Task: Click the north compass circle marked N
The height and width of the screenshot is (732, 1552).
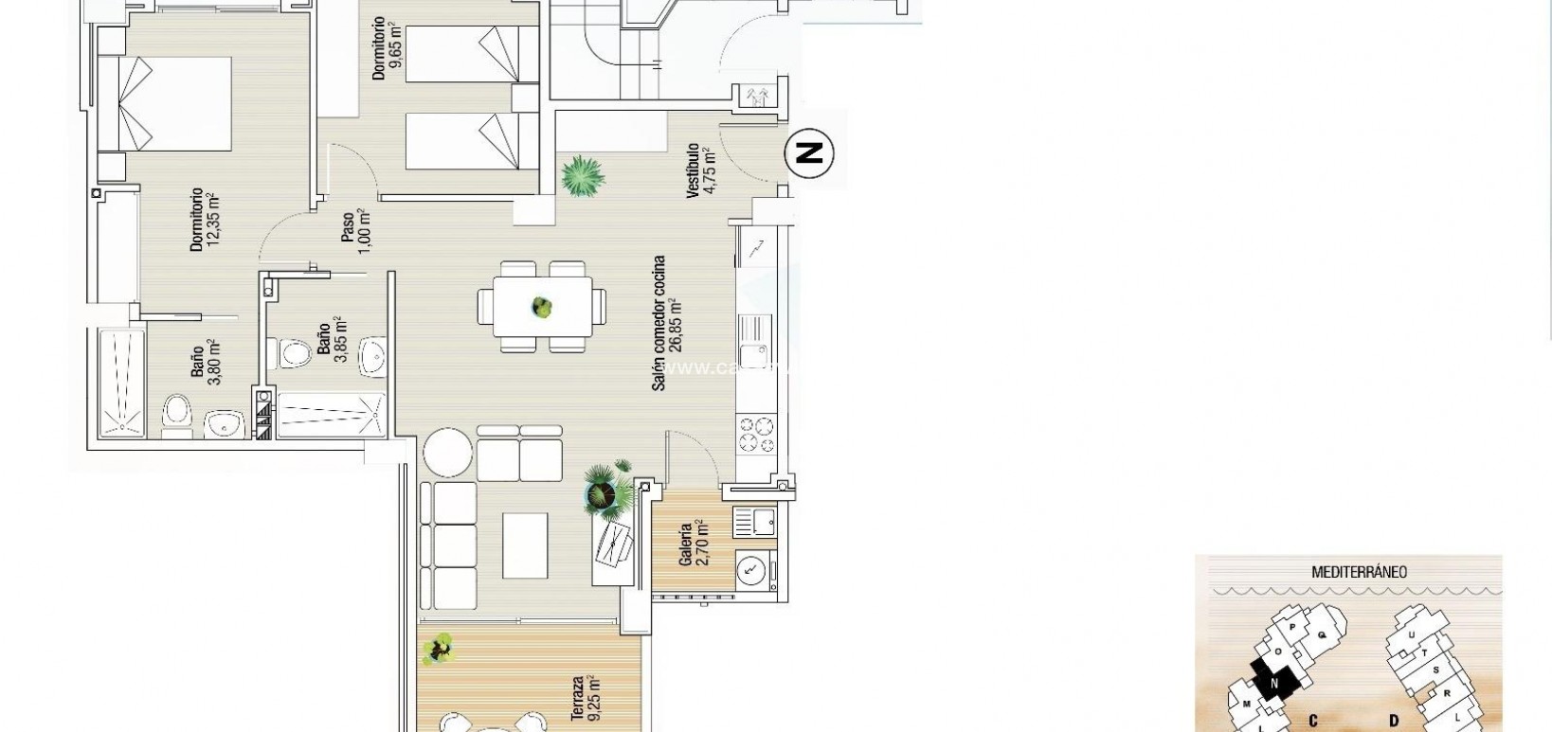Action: [808, 152]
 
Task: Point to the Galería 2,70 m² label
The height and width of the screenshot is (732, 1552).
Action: [694, 543]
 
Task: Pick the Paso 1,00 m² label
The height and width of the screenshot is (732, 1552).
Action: [354, 232]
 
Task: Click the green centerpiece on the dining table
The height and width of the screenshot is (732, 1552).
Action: [541, 307]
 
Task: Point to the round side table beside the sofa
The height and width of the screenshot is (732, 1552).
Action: [447, 453]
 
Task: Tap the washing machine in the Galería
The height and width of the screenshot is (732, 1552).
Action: [753, 570]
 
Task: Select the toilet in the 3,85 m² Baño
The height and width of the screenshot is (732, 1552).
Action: [297, 355]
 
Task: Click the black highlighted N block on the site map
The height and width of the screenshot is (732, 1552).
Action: [1273, 680]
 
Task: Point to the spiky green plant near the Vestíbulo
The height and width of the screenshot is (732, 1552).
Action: [582, 176]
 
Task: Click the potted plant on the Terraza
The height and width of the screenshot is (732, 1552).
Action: [438, 649]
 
